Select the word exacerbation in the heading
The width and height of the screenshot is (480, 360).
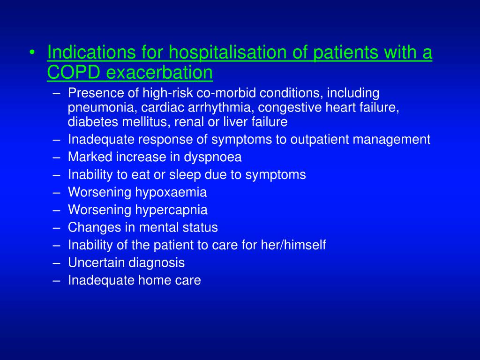coord(160,73)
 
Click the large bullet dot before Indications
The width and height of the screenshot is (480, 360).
coord(31,53)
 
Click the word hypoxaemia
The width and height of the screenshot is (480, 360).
coord(171,192)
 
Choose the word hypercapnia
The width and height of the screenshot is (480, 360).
coord(172,210)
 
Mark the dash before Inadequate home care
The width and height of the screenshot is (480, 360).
coord(57,280)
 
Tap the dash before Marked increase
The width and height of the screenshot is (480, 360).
coord(57,157)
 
